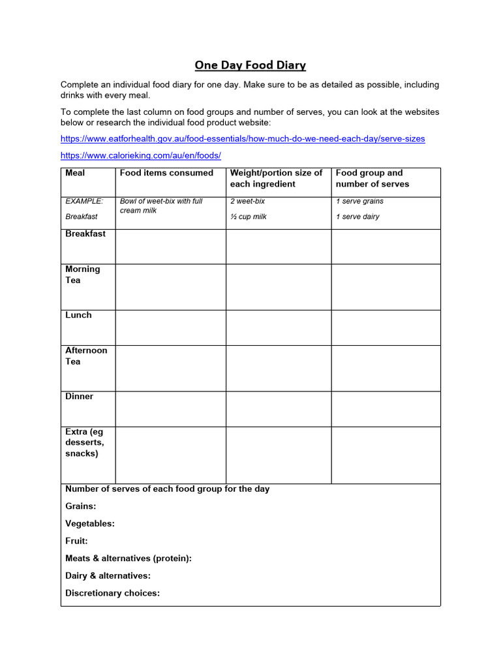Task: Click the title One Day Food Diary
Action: tap(250, 65)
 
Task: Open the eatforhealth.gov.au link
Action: tap(242, 139)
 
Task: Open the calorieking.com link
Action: tap(141, 155)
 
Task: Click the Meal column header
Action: tap(75, 173)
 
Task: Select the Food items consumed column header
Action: tap(166, 173)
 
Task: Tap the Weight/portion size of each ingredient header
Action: tap(276, 178)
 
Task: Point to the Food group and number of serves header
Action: tap(372, 178)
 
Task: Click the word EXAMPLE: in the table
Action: tap(84, 202)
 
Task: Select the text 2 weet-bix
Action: tap(247, 202)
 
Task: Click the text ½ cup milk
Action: tap(249, 217)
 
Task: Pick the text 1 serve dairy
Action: tap(357, 217)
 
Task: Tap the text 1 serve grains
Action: tap(359, 202)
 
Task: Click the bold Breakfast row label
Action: tap(85, 234)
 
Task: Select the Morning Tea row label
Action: tap(83, 275)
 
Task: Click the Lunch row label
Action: tap(78, 315)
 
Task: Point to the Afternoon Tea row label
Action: tap(86, 356)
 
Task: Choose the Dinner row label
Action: tap(80, 397)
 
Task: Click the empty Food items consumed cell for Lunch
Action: tap(170, 327)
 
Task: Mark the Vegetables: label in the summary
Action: tap(90, 523)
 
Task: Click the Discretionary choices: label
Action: tap(113, 593)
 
